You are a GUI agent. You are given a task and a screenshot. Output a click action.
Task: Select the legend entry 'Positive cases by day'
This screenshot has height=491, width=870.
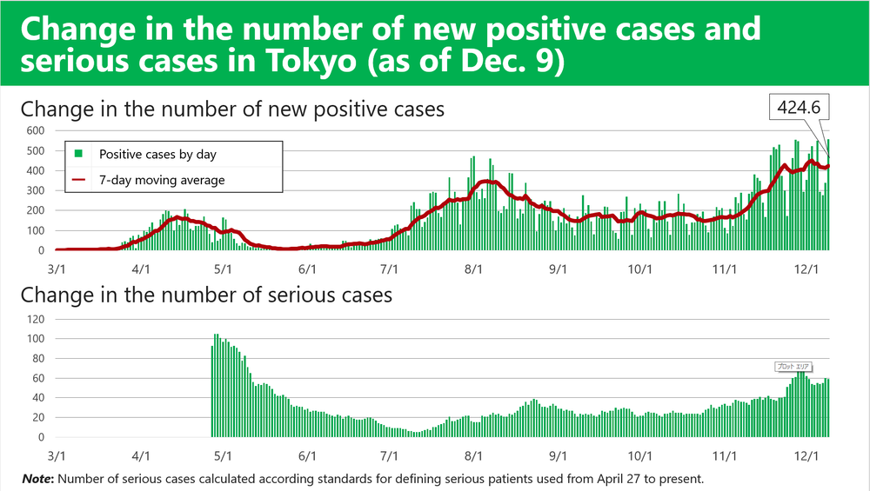click(157, 155)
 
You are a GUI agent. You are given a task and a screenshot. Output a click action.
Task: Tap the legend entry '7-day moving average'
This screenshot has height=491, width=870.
click(162, 180)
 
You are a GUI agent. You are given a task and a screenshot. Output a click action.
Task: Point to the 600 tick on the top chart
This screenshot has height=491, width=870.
click(34, 130)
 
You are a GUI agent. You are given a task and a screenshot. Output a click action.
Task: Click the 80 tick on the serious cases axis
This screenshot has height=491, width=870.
click(37, 358)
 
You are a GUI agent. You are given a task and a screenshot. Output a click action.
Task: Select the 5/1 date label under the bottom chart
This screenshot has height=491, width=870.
click(224, 455)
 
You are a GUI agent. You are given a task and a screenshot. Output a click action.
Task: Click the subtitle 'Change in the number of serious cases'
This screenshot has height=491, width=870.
click(206, 295)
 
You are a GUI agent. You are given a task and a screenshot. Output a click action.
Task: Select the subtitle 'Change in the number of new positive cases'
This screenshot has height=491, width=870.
click(232, 109)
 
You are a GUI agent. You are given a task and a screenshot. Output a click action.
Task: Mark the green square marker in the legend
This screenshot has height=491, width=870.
click(78, 155)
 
